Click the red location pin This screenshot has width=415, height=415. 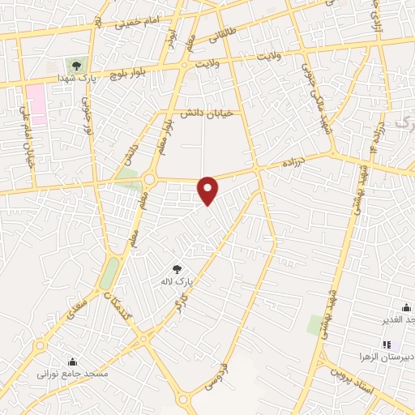209,190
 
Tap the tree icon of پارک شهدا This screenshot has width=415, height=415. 77,65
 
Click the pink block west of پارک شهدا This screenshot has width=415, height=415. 36,103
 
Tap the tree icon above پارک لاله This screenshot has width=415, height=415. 178,268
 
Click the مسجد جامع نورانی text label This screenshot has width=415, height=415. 73,375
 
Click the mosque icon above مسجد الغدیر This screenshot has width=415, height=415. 405,307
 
